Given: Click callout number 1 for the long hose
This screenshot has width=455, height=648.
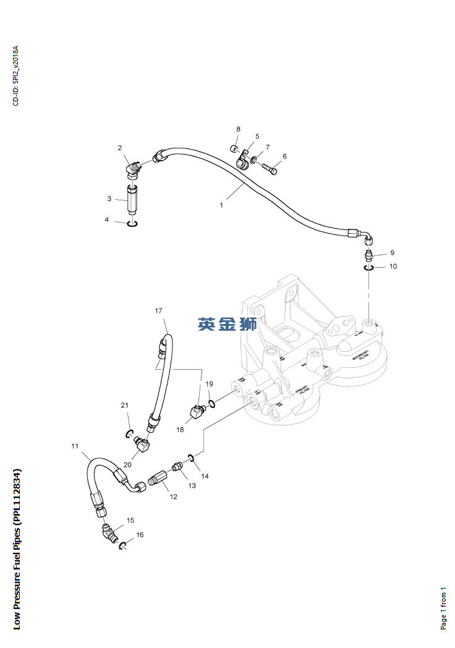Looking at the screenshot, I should click(x=221, y=205).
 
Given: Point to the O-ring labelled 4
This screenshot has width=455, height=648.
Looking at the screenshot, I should click(x=132, y=223).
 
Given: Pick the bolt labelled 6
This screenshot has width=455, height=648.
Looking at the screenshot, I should click(x=270, y=168).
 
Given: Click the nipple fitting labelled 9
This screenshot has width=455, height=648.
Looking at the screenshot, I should click(x=368, y=255).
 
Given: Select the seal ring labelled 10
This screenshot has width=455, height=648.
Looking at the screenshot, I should click(x=369, y=267).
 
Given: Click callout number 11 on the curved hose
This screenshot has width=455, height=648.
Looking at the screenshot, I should click(x=75, y=446).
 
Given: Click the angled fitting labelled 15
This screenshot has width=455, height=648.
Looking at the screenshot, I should click(x=110, y=532).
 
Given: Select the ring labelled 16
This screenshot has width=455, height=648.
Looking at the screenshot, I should click(x=123, y=545).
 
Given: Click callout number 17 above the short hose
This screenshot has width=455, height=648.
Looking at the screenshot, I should click(x=158, y=310).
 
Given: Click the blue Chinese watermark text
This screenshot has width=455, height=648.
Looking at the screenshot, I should click(x=227, y=323).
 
